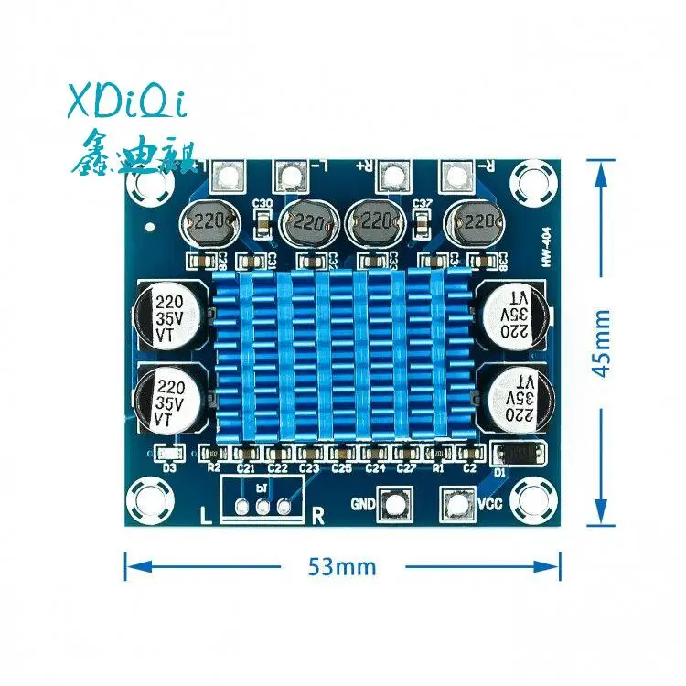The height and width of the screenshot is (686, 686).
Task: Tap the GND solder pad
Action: [x=396, y=503]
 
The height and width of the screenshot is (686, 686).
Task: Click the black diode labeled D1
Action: [x=520, y=452]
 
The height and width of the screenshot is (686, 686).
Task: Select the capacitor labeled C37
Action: [x=423, y=220]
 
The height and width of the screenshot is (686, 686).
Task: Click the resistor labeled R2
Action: [x=213, y=454]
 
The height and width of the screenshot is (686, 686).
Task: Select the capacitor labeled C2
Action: [x=470, y=454]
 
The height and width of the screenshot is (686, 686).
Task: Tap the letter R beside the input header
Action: [x=318, y=515]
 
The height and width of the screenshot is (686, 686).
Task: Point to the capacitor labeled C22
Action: [x=278, y=454]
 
